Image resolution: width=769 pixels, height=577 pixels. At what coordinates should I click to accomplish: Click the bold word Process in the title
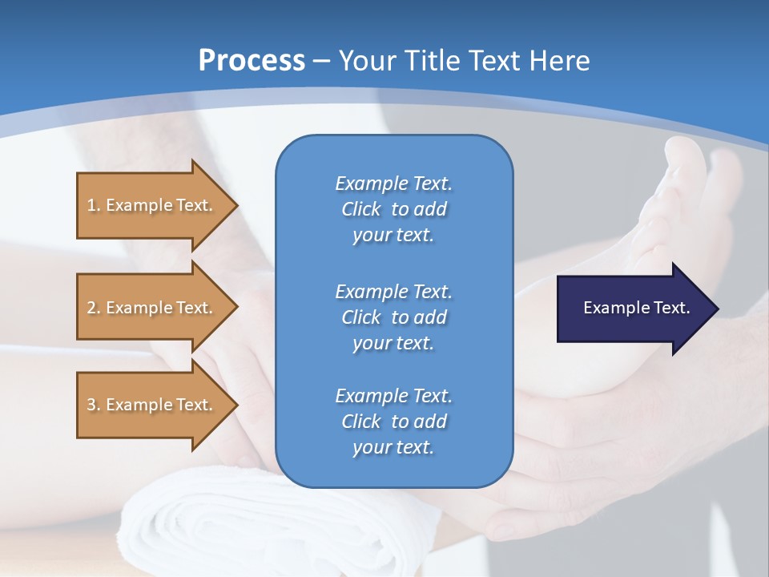point(252,61)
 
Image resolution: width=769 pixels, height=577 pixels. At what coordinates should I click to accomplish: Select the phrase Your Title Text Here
point(464,61)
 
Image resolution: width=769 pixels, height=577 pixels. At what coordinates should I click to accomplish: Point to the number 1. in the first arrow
point(94,205)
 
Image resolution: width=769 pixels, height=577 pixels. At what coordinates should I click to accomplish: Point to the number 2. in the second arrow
point(94,308)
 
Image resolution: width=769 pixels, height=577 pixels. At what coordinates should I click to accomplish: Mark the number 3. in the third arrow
point(94,405)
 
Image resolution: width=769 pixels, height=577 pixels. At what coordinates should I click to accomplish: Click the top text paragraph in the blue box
point(393,209)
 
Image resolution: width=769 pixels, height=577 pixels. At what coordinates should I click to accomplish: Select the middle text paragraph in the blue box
point(393,317)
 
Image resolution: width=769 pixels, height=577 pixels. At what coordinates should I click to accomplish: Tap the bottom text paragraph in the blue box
point(393,422)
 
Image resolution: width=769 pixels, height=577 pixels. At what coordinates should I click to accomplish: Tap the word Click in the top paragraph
point(360,209)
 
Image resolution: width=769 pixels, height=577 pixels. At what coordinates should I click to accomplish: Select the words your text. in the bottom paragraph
point(393,448)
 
